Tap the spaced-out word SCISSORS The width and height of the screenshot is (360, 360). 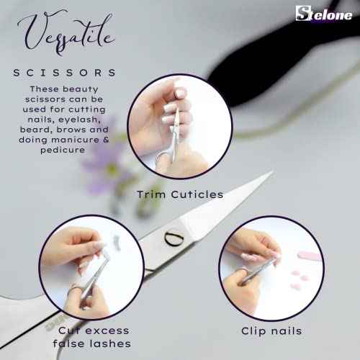(65, 73)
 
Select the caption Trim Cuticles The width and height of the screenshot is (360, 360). (179, 194)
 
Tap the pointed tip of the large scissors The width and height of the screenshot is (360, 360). (269, 174)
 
